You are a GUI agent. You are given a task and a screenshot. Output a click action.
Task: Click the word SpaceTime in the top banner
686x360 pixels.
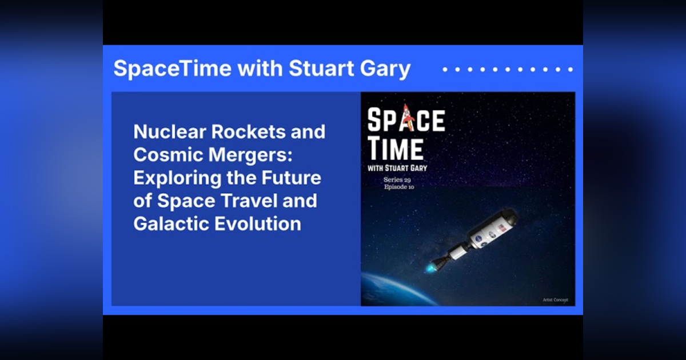(172, 69)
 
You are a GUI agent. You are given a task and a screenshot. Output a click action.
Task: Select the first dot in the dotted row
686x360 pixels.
(445, 69)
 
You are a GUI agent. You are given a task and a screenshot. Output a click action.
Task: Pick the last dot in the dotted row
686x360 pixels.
(570, 69)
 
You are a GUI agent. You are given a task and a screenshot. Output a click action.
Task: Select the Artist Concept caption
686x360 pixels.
(555, 299)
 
